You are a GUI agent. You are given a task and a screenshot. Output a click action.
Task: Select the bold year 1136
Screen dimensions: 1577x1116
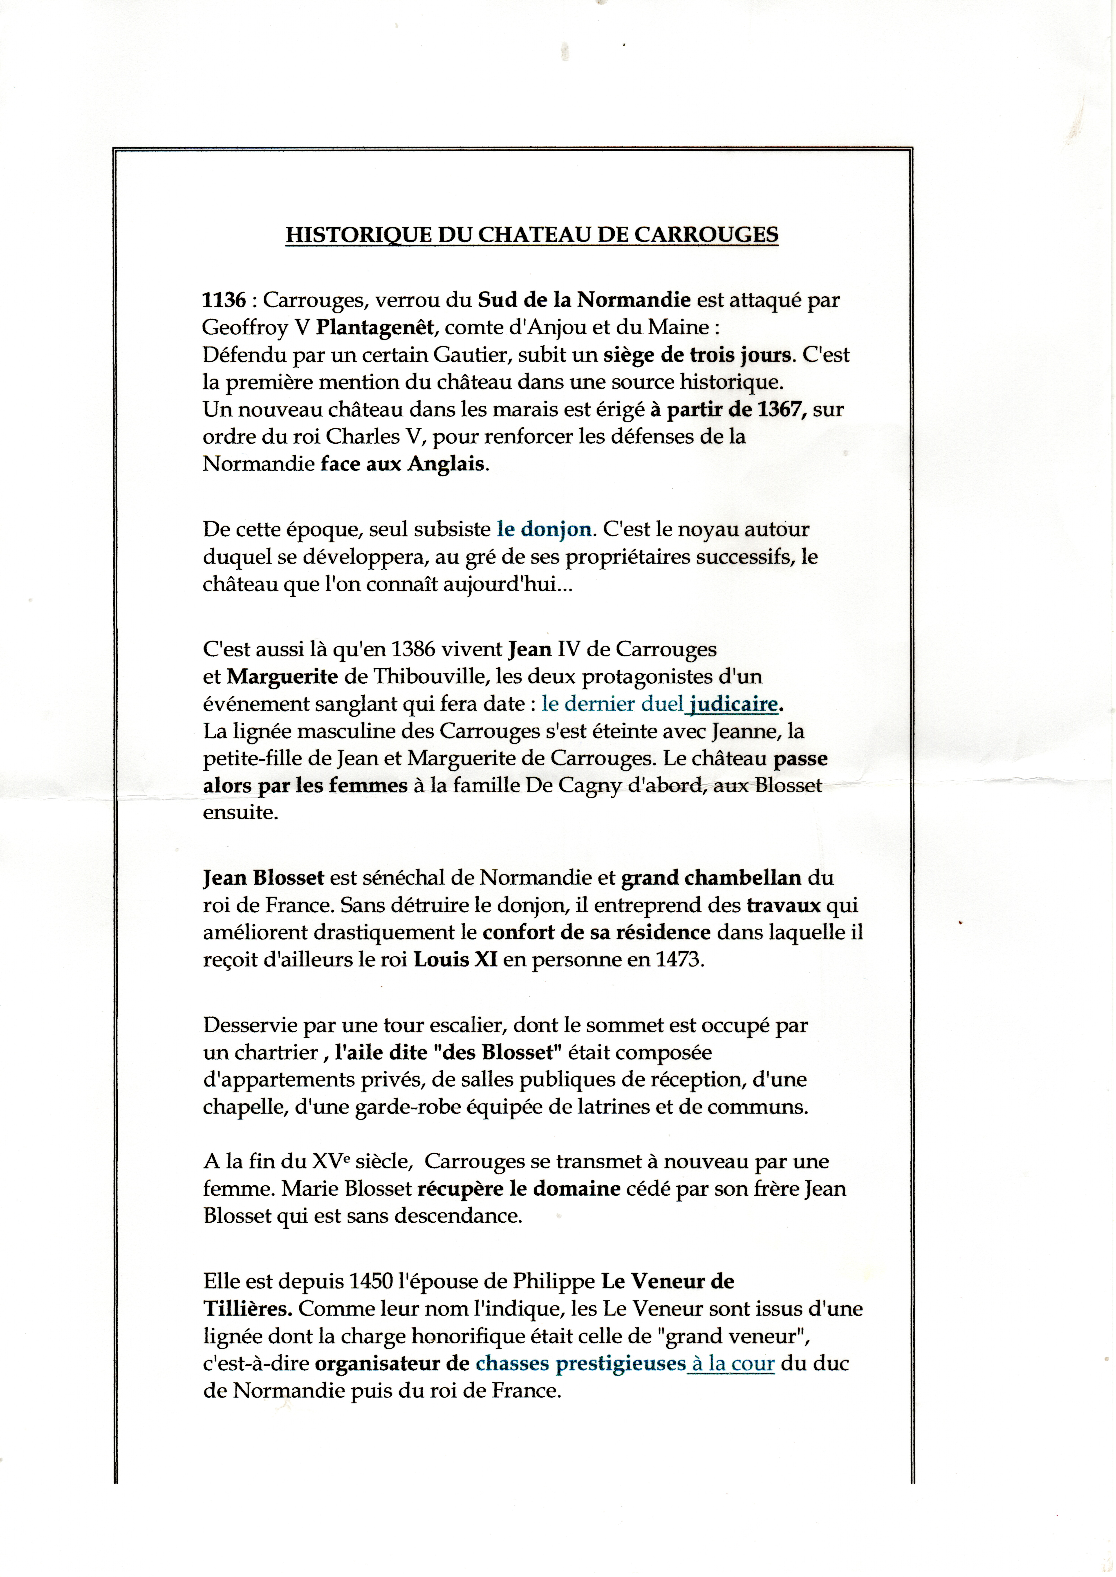(x=224, y=300)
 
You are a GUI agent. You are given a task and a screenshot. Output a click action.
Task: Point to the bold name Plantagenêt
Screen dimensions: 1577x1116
(x=374, y=328)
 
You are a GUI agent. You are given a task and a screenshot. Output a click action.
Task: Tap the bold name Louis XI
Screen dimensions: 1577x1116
(x=455, y=960)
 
